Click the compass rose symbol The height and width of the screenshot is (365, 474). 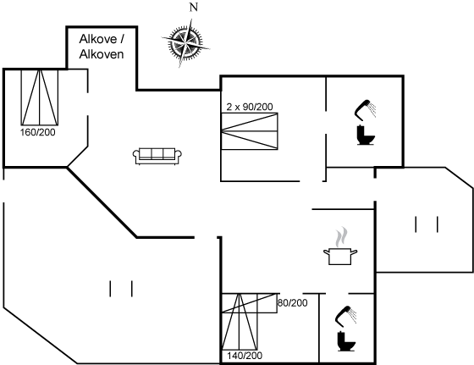coord(185,42)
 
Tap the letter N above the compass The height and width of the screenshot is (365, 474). coord(194,8)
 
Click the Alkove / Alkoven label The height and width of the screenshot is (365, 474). coord(102,47)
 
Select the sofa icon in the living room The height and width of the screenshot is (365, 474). coord(157,156)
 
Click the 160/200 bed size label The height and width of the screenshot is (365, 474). coord(38,132)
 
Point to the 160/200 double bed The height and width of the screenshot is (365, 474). coord(39,97)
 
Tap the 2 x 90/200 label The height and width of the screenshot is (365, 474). coord(250,107)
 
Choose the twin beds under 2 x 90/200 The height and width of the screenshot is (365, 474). coord(250,131)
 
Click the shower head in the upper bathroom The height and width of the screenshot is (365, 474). coord(365,108)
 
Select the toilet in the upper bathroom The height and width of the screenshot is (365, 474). coord(366,135)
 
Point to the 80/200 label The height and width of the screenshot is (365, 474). coord(293,302)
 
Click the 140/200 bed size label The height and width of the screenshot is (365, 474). coord(245,356)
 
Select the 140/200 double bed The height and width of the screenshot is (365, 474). coord(240,322)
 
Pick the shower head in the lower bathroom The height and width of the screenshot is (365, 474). coord(346,316)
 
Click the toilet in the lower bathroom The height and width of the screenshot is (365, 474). coord(346,341)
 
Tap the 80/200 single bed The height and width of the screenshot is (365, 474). coord(250,303)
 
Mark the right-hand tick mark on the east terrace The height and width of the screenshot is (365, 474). coord(438,224)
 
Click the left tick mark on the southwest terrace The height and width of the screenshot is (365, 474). coord(110,289)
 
